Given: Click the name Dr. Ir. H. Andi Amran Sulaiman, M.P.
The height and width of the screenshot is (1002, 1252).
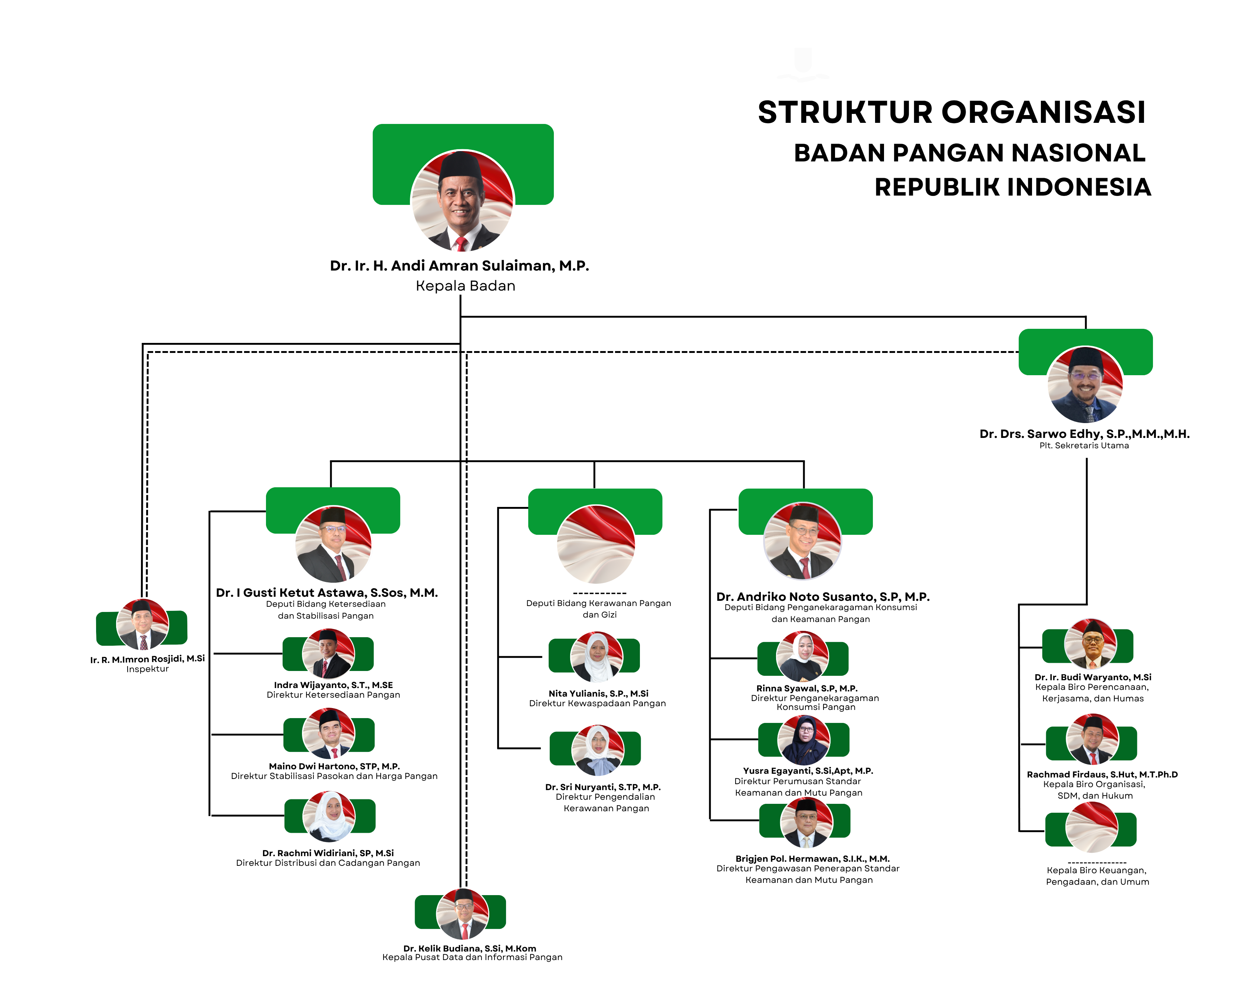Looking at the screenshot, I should click(459, 266).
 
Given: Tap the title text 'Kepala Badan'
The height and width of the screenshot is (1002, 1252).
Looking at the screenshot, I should click(465, 286).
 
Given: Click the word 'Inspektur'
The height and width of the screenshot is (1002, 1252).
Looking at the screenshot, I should click(148, 669).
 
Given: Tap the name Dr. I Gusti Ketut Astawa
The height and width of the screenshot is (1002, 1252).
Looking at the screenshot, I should click(327, 593).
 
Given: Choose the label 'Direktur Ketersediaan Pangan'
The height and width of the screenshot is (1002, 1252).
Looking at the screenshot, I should click(333, 695).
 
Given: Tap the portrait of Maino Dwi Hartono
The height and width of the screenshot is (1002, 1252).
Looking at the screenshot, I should click(329, 733).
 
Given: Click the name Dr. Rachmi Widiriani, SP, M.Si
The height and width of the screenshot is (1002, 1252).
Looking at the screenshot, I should click(328, 853).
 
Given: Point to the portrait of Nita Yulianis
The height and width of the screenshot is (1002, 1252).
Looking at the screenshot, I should click(597, 657).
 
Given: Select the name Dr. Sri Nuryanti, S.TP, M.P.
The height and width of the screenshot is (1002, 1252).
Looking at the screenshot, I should click(603, 787).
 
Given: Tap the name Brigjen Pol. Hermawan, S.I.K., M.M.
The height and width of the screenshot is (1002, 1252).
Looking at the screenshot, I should click(812, 858).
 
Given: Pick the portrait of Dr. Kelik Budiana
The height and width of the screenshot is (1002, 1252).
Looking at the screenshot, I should click(463, 914).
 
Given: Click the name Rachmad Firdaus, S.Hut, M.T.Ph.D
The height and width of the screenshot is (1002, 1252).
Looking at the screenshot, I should click(1102, 774).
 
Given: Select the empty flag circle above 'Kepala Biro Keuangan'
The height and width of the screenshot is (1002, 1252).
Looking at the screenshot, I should click(1091, 828).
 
